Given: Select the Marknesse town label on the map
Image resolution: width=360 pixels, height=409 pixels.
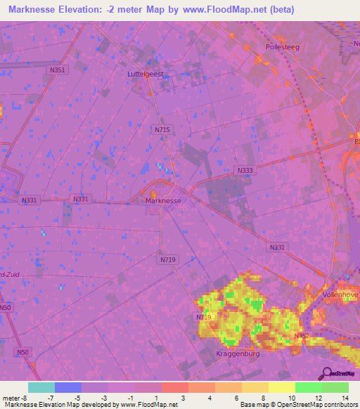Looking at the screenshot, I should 163,201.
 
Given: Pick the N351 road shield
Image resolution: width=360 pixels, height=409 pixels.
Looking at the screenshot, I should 58,70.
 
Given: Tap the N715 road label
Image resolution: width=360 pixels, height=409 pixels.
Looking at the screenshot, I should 161,130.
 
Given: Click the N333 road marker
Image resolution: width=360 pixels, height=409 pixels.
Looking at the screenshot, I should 245,171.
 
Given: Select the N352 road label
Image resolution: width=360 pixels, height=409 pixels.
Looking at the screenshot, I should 302,337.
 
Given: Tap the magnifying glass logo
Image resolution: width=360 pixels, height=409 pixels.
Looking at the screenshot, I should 326,374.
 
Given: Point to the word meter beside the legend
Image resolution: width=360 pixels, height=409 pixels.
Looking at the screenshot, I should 11,397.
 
